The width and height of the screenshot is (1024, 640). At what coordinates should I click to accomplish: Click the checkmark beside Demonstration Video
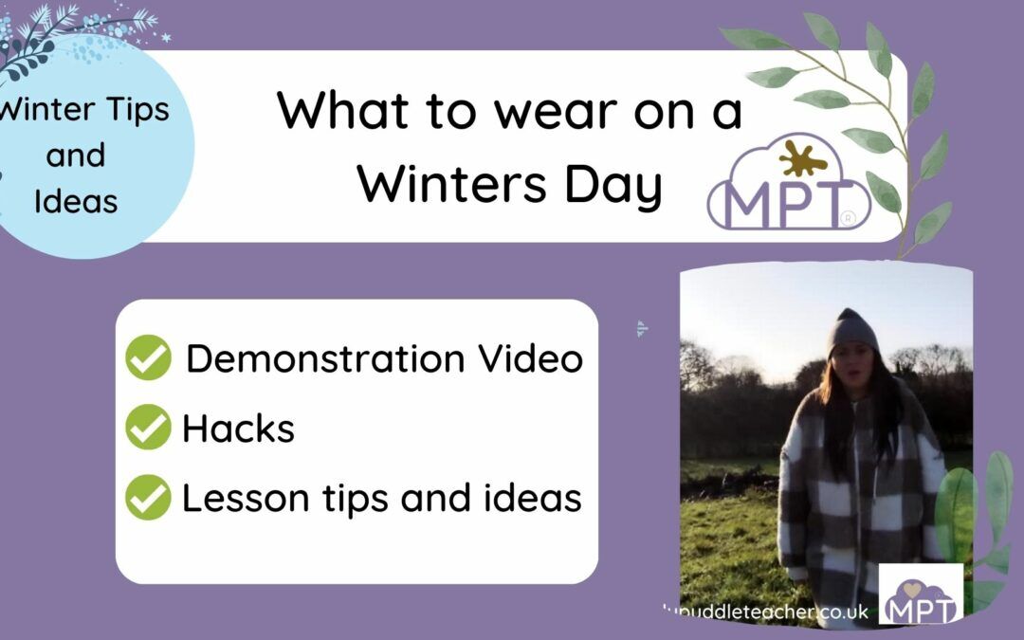[x=148, y=358]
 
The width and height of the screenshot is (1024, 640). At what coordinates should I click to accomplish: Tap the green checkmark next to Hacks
[x=148, y=428]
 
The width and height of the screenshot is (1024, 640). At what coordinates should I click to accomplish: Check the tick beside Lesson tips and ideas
[x=148, y=498]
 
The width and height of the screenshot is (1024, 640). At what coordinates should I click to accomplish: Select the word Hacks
[x=238, y=429]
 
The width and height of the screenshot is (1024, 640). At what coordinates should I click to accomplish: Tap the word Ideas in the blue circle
[x=75, y=201]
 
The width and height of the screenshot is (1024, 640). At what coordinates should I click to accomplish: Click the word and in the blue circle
[x=75, y=155]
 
